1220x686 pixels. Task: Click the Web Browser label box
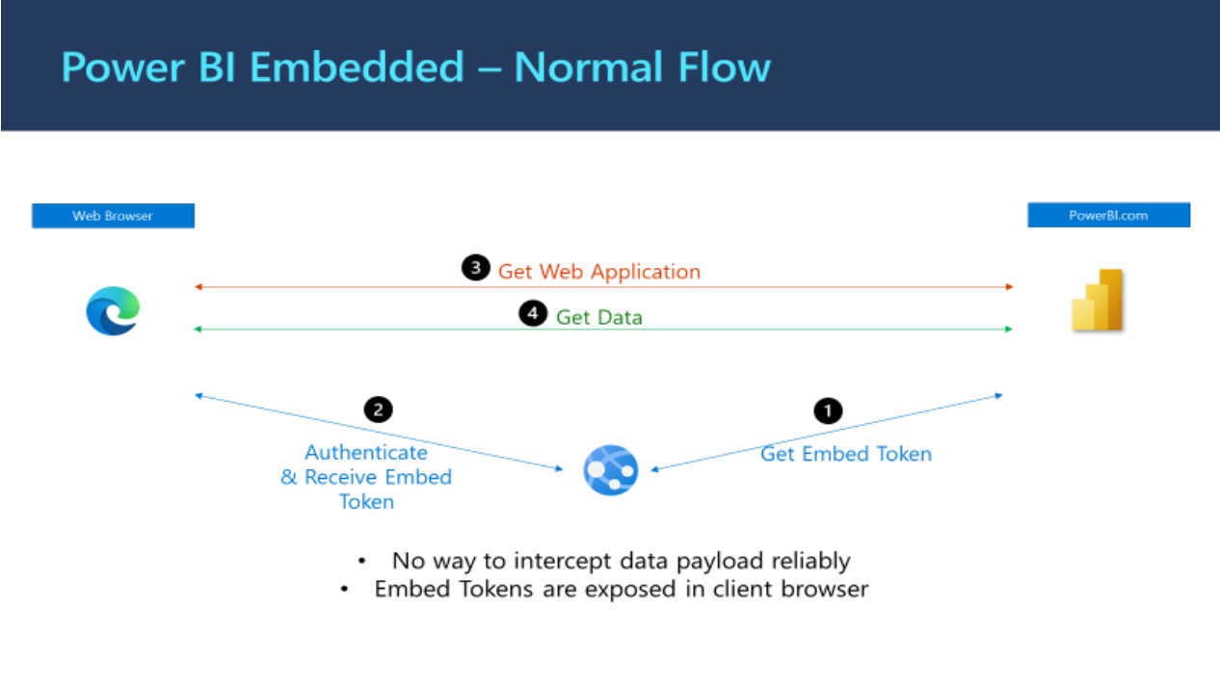(113, 216)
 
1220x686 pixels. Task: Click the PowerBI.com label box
(1108, 215)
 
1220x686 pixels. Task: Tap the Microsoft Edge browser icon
(113, 311)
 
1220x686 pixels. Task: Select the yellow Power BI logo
(1098, 301)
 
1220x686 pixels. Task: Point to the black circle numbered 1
(828, 410)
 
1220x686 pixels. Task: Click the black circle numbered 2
(378, 409)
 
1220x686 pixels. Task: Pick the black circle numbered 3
(475, 268)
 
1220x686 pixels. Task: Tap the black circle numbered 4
(533, 314)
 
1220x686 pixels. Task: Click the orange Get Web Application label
(598, 272)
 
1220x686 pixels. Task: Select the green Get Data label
(598, 317)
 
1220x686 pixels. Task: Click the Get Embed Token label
(846, 454)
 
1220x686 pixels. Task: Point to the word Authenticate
(366, 452)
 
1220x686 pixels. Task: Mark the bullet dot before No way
(361, 561)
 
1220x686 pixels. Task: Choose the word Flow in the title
(723, 68)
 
